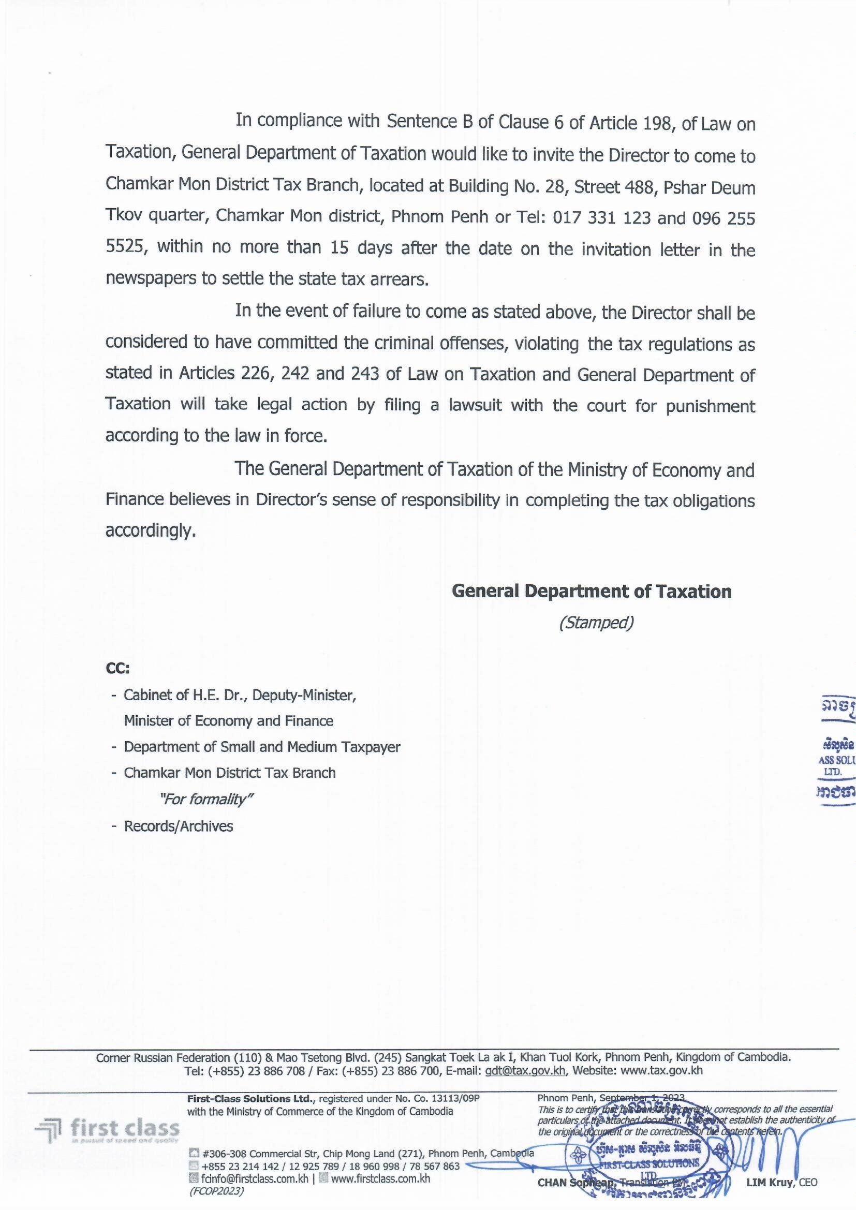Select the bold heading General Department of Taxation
coord(592,592)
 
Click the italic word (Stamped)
coord(596,623)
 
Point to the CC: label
coord(117,668)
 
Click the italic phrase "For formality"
coord(206,800)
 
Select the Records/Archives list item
coord(178,826)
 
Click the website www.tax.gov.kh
coord(661,1070)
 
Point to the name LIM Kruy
coord(769,1183)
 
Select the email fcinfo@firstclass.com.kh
coord(255,1179)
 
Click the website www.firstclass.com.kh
coord(380,1179)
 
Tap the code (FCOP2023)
coord(216,1190)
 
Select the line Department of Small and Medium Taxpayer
coord(262,747)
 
